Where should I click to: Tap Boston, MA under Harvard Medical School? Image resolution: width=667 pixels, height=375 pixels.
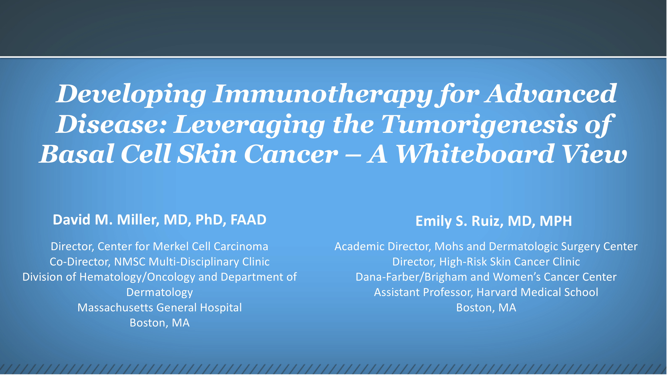coord(486,308)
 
